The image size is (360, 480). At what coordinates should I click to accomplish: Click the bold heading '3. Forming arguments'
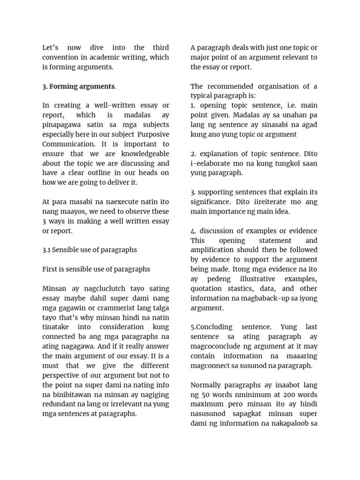pos(79,86)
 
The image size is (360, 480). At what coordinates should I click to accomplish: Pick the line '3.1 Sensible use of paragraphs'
pos(90,250)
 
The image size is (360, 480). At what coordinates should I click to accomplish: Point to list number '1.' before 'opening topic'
pos(193,105)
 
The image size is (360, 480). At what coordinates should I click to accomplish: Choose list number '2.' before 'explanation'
pos(193,154)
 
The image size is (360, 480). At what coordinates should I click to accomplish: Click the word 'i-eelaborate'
pos(211,163)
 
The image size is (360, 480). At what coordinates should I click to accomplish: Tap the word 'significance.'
pos(211,202)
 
